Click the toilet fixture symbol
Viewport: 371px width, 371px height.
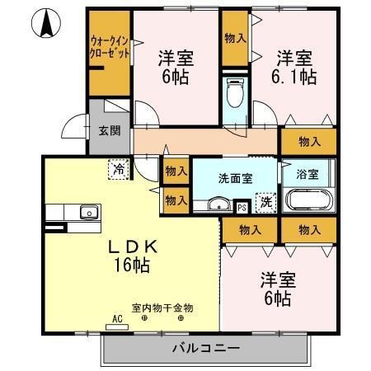click(x=237, y=90)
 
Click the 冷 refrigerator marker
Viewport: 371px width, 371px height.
click(x=120, y=170)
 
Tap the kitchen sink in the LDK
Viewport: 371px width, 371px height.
click(x=87, y=214)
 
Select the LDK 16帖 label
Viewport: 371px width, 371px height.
click(x=131, y=256)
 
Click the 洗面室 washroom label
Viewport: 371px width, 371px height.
click(x=235, y=176)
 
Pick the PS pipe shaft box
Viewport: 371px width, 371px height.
click(x=242, y=208)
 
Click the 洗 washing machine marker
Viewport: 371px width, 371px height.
click(x=265, y=201)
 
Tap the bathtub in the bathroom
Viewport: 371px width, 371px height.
click(x=308, y=201)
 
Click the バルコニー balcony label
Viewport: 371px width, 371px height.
click(x=206, y=349)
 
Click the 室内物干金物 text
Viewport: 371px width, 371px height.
click(x=162, y=307)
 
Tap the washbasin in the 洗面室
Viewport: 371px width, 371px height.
click(x=218, y=204)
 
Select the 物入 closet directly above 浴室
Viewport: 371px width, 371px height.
click(x=309, y=142)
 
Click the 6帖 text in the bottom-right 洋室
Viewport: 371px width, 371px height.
click(x=278, y=298)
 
